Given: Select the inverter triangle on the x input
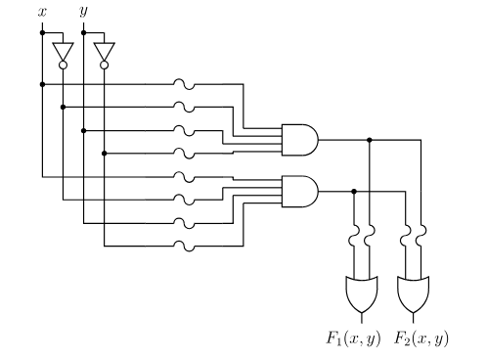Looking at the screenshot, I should click(x=63, y=49).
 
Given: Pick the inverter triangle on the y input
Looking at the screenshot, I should click(x=105, y=49).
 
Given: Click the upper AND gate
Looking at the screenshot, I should click(x=297, y=140).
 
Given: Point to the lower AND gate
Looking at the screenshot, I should click(x=297, y=191).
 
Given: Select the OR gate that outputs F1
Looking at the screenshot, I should click(x=361, y=291).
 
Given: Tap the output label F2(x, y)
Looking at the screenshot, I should click(x=420, y=340).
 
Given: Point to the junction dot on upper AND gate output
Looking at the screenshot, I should click(x=370, y=140).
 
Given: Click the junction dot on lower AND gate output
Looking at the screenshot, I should click(x=353, y=191).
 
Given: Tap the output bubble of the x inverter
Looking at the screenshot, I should click(x=63, y=66).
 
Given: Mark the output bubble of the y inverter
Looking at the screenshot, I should click(x=105, y=66).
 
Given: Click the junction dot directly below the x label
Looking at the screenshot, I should click(x=41, y=33).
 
